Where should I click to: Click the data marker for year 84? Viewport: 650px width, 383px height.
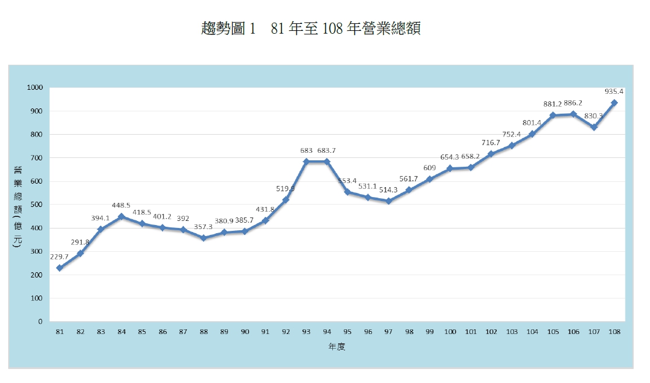click(x=121, y=216)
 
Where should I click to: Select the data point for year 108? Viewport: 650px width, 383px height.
click(x=614, y=103)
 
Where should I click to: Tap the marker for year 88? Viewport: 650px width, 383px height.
click(x=203, y=238)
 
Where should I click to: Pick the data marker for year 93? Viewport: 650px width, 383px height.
click(x=306, y=161)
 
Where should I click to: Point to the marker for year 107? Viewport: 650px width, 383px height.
click(x=593, y=127)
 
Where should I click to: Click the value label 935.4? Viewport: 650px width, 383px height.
click(x=613, y=92)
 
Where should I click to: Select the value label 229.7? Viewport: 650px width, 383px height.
click(x=59, y=256)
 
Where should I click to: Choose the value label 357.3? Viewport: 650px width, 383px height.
click(x=203, y=227)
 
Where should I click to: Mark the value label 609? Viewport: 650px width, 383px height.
click(x=430, y=168)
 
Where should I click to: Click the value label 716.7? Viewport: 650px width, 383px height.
click(x=491, y=143)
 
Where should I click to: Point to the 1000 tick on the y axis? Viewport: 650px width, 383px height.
click(x=35, y=87)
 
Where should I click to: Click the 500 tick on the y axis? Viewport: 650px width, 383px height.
click(x=37, y=205)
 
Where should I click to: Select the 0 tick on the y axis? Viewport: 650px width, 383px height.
click(x=41, y=321)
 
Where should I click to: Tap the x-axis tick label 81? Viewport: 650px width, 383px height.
click(x=59, y=332)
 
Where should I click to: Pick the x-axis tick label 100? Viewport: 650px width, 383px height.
click(x=450, y=332)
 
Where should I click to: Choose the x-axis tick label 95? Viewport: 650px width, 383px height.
click(x=347, y=332)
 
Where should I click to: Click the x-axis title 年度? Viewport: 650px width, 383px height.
click(x=337, y=346)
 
